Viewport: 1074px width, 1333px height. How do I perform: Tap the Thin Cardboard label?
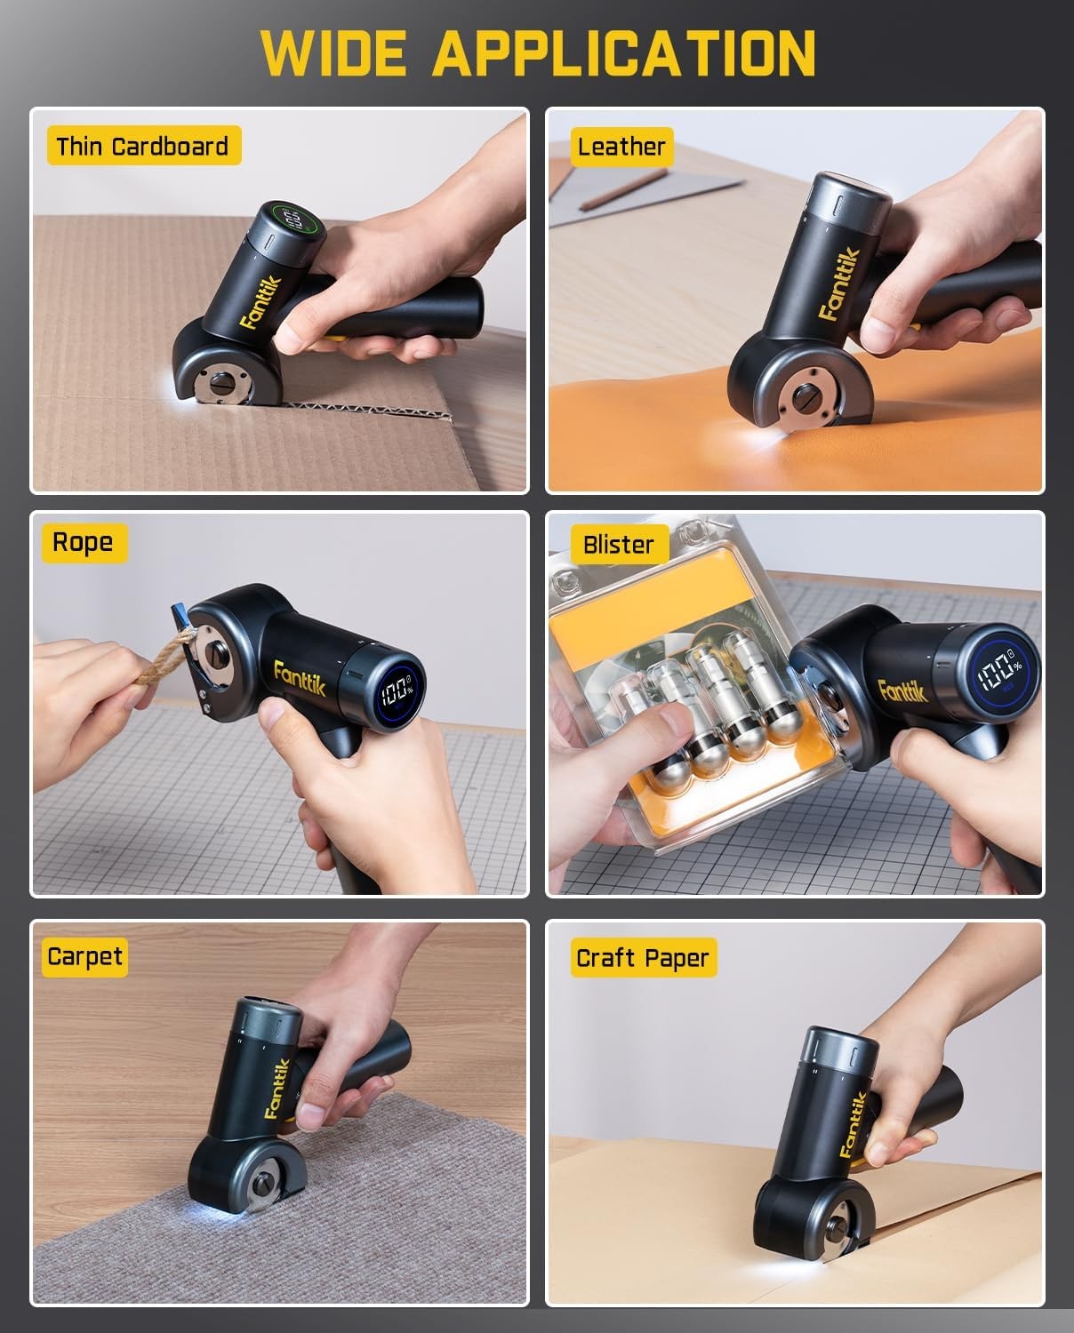tap(143, 147)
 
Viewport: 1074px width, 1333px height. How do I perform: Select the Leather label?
tap(621, 147)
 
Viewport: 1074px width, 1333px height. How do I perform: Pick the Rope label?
tap(83, 543)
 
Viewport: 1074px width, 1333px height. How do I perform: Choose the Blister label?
tap(618, 545)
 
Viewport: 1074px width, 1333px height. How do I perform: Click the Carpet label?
tap(84, 957)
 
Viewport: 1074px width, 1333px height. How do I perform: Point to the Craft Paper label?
tap(642, 959)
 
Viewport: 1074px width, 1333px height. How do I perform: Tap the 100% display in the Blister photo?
tap(999, 677)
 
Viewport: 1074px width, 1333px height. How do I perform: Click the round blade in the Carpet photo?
tap(264, 1185)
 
